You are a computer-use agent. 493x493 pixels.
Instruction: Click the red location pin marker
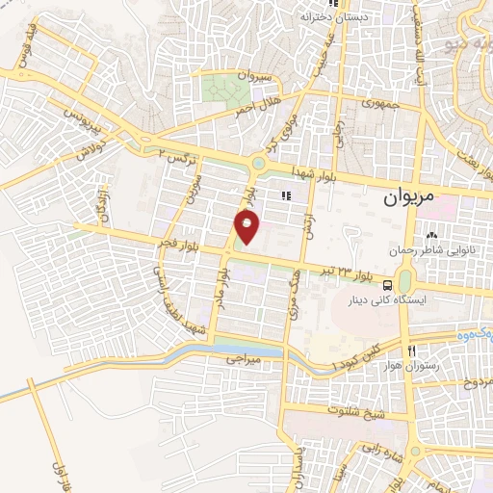pos(247,227)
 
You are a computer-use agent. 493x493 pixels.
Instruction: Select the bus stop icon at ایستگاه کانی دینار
pos(386,285)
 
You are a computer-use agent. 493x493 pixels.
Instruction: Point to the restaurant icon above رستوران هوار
pos(413,350)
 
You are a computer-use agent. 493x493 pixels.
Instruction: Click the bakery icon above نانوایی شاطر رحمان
pos(430,235)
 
